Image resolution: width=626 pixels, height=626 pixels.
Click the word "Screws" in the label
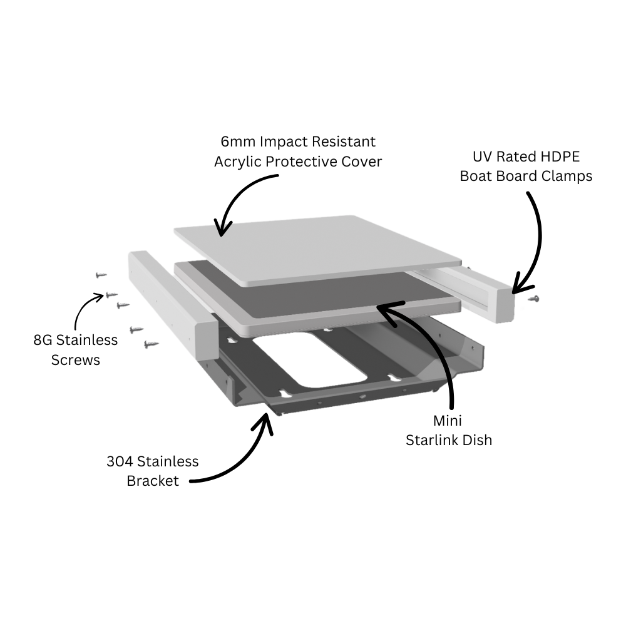tap(75, 360)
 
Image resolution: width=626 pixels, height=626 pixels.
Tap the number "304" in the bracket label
tap(120, 461)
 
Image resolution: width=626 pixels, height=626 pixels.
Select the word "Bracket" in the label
tap(153, 481)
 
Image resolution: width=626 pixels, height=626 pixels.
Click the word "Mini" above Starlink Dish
tap(448, 420)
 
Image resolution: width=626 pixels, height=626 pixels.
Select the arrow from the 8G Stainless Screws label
tap(85, 310)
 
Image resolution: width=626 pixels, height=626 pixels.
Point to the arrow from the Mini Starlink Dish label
tap(432, 344)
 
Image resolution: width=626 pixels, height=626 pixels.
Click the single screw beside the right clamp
tap(533, 299)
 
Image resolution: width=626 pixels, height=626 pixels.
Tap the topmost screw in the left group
tap(100, 274)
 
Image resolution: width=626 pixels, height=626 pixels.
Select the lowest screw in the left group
tap(151, 344)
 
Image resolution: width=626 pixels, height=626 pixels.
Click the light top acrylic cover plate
tap(319, 247)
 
